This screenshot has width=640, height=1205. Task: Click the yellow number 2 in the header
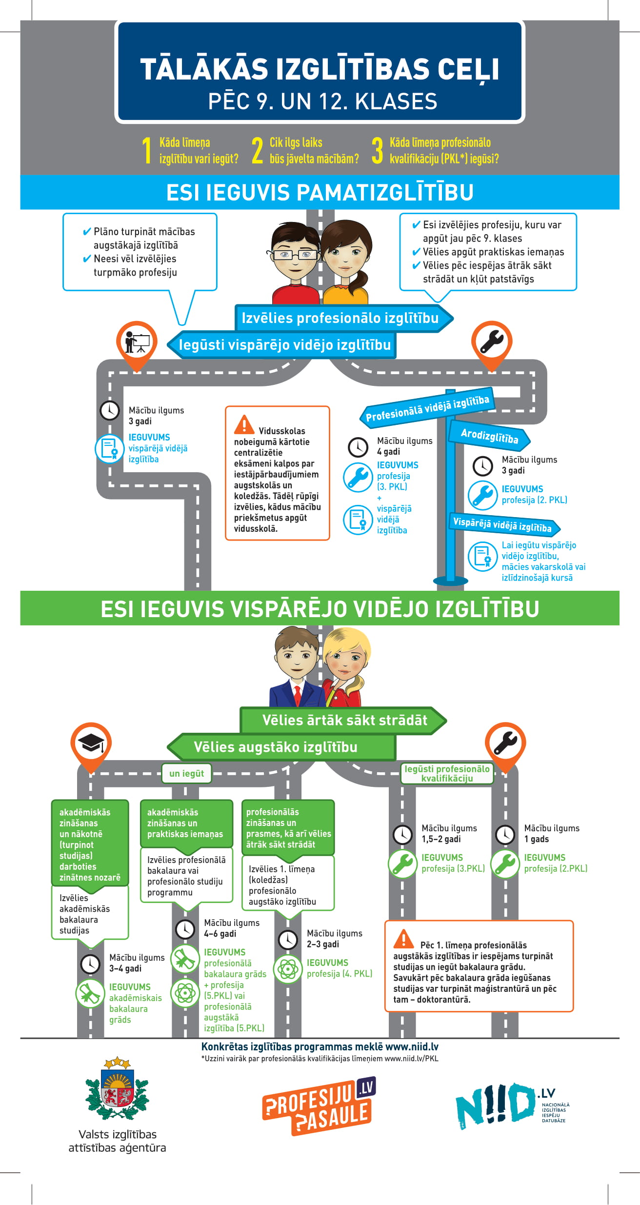pos(257,150)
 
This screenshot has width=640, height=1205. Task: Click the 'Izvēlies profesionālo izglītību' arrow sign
pos(343,319)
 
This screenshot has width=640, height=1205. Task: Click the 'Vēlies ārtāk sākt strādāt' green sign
pos(343,720)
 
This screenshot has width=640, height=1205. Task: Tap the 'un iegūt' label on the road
pos(187,773)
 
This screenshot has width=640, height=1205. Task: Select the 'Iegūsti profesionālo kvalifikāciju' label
pos(447,773)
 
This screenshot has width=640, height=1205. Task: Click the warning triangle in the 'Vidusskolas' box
pos(244,424)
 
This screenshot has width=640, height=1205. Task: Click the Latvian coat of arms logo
pos(117,1091)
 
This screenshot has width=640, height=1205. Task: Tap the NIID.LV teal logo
pos(511,1105)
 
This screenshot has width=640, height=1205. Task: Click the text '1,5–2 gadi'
pos(441,839)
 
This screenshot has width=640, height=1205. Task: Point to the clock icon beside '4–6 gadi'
pos(185,929)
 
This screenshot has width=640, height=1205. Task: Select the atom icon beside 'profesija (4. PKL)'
pos(288,968)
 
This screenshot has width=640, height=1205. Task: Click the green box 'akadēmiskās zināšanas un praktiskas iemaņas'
pos(187,823)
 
